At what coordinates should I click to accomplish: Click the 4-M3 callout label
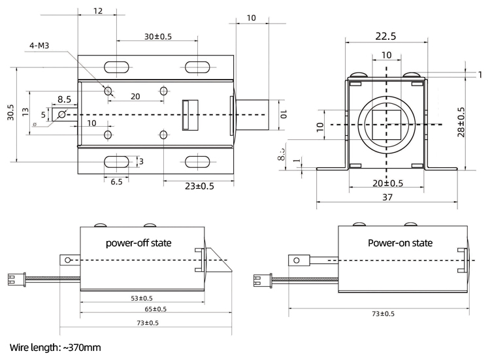pos(41,46)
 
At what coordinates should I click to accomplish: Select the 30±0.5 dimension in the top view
pos(157,37)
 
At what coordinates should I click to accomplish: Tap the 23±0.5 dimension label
pos(199,186)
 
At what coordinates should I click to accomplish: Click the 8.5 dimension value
pos(64,99)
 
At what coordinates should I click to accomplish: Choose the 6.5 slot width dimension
pos(116,182)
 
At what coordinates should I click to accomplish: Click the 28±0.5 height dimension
pos(461,122)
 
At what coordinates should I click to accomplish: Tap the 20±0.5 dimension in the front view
pos(387,183)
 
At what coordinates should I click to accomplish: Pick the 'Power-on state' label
pos(400,242)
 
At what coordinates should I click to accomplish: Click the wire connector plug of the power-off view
pos(14,279)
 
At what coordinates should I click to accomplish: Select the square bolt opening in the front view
pos(385,123)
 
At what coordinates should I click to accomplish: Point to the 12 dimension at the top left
pos(97,11)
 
